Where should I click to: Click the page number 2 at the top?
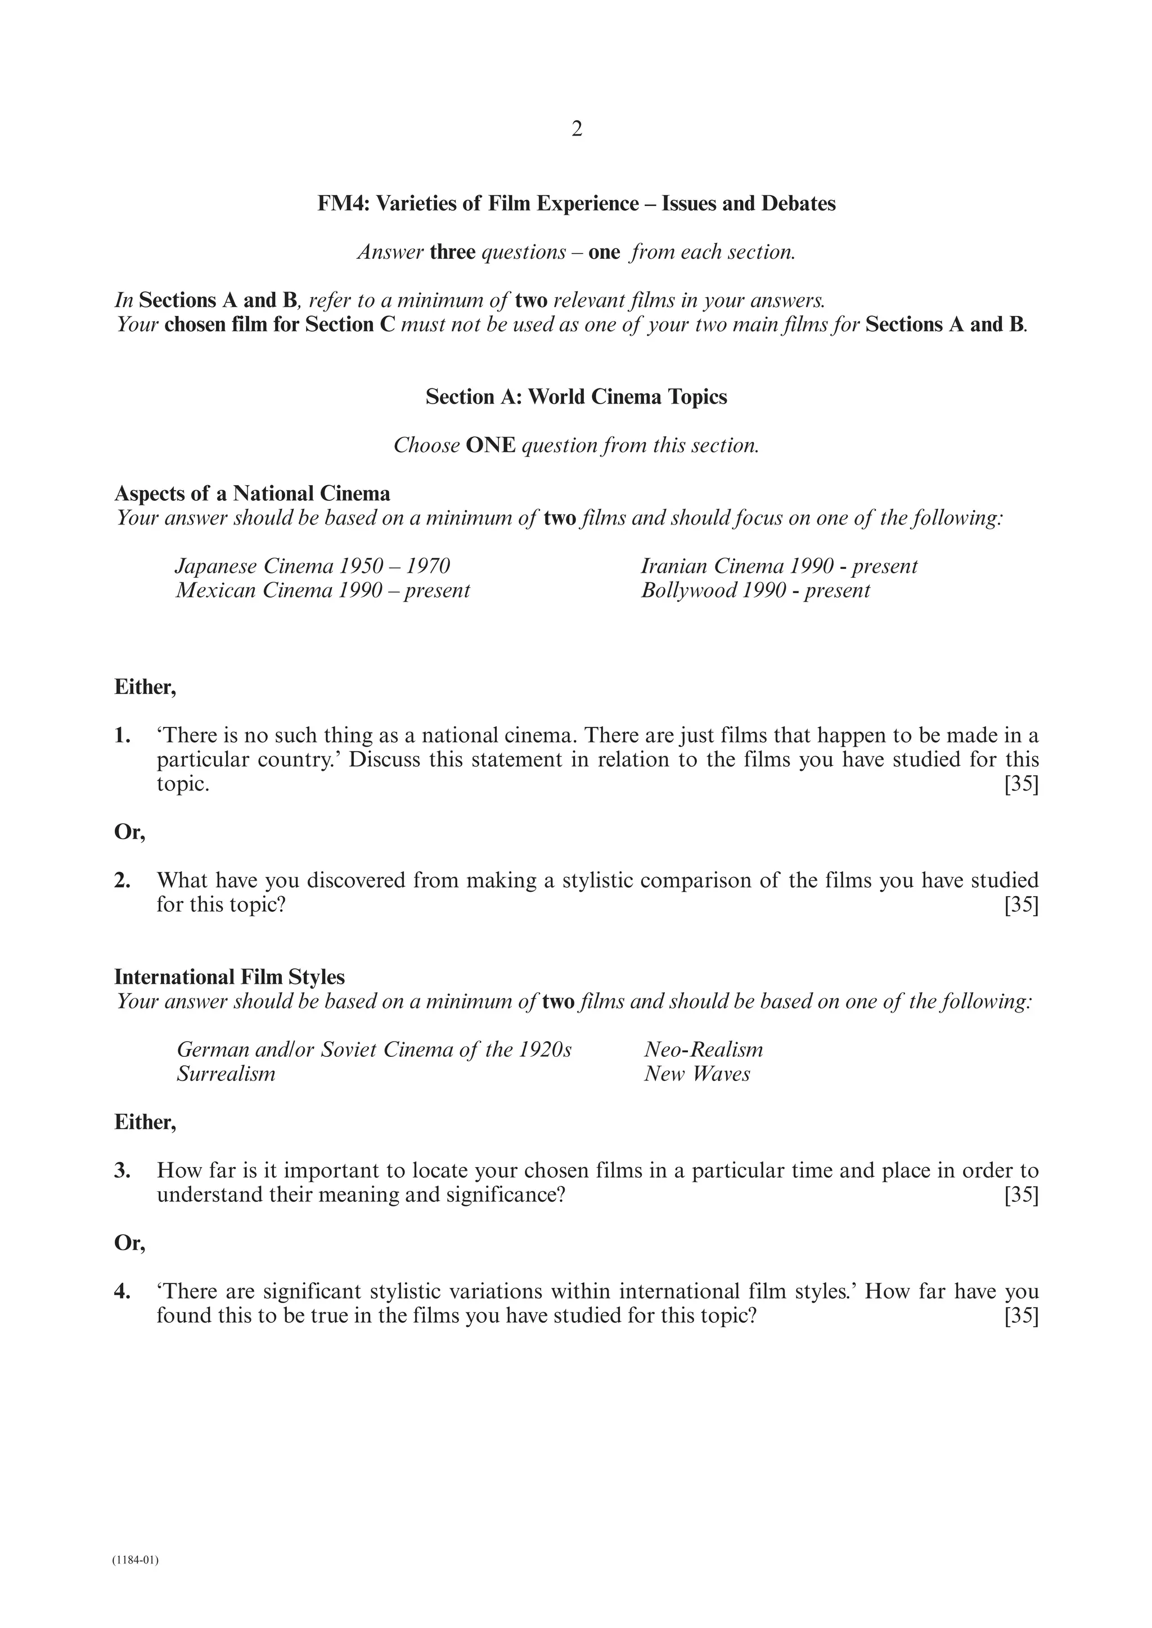576,129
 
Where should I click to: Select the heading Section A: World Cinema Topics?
576,397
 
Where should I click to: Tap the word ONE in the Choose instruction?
490,446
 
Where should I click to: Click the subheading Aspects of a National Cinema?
252,494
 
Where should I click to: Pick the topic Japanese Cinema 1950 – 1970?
313,567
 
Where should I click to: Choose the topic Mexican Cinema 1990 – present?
323,591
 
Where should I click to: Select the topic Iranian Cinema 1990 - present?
779,567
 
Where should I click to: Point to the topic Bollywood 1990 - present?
755,591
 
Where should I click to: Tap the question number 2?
122,881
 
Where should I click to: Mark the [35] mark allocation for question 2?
1021,906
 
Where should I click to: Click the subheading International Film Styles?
229,977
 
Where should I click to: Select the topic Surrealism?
226,1074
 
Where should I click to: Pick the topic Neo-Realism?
703,1050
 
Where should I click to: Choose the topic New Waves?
696,1074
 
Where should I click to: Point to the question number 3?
122,1170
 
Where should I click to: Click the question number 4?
122,1291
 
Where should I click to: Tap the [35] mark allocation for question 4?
1021,1316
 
